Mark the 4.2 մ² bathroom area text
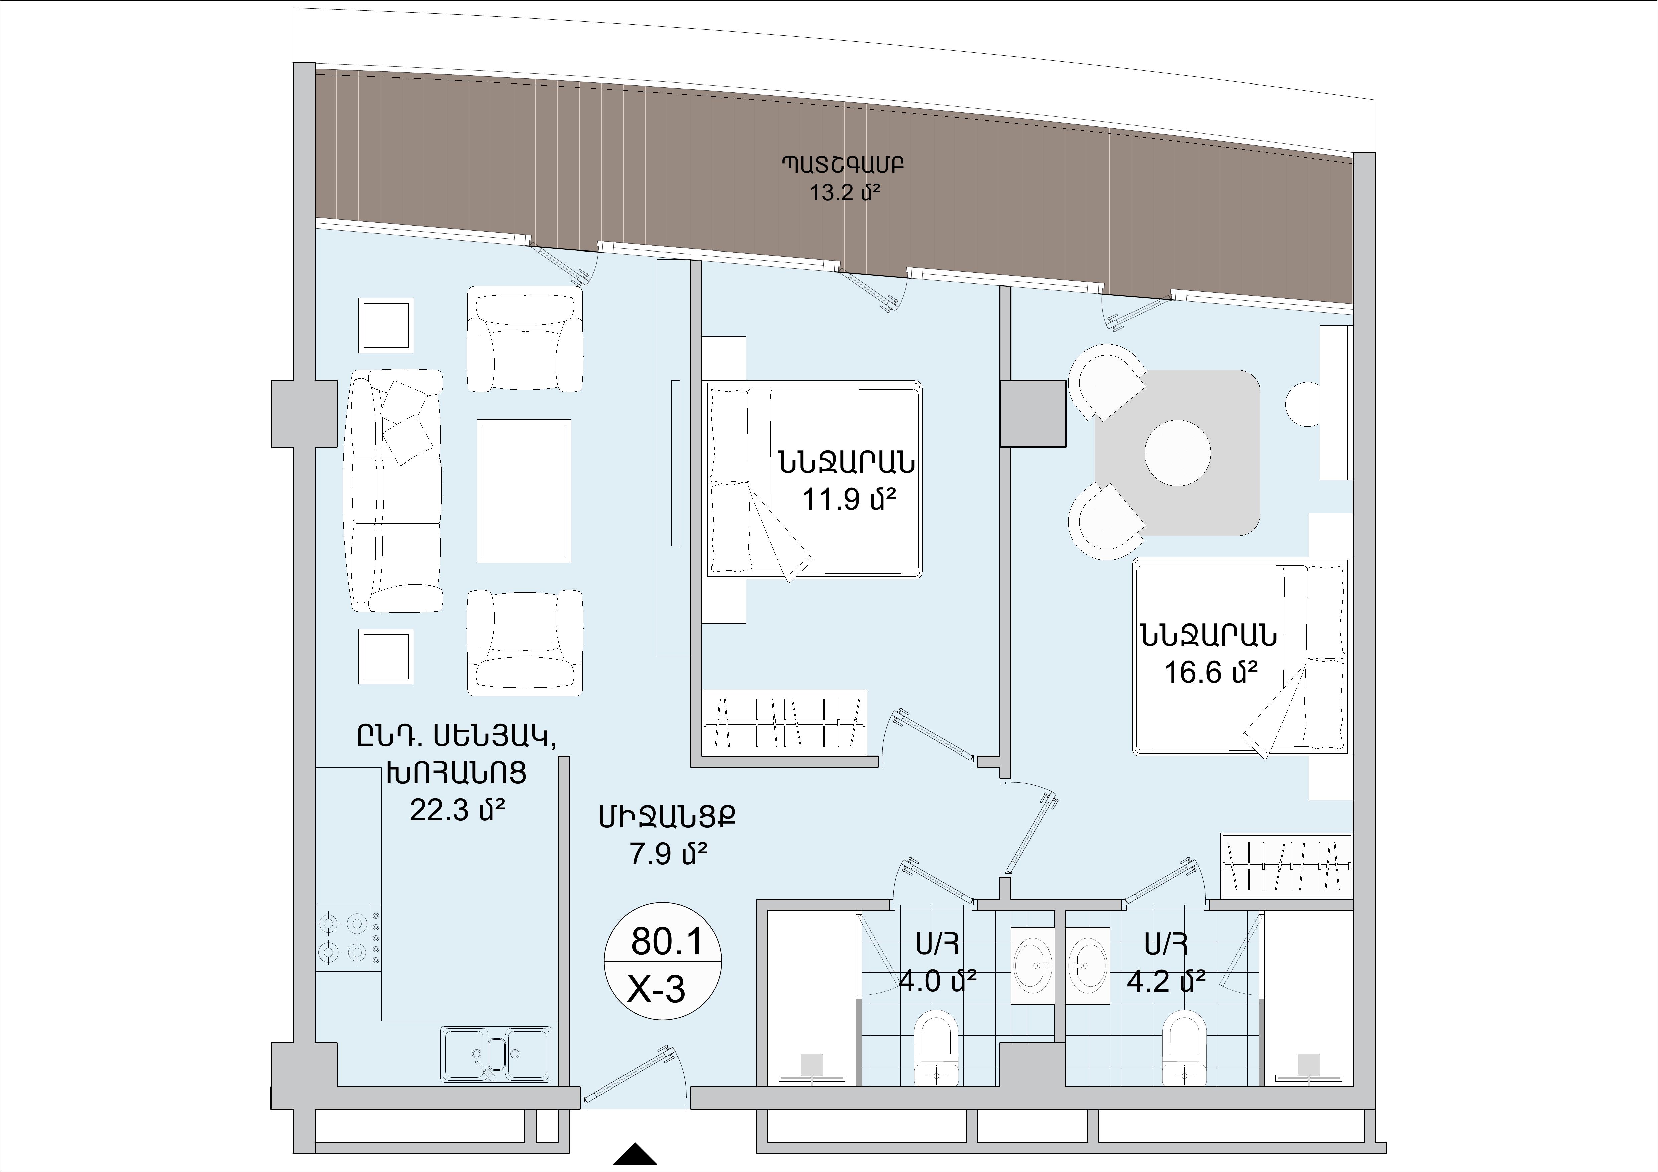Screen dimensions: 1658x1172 (1166, 981)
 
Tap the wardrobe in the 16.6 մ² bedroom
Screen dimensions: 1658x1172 (1286, 866)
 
